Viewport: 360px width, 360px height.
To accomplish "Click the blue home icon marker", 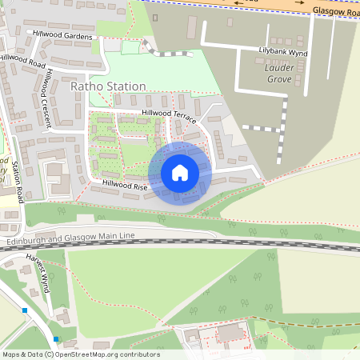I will click(180, 173).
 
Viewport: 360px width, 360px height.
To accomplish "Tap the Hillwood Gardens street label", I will click(63, 37).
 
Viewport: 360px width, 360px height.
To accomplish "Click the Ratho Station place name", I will click(108, 86).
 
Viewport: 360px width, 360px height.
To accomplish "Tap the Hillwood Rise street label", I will click(124, 184).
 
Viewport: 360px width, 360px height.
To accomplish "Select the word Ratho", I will click(87, 86).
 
